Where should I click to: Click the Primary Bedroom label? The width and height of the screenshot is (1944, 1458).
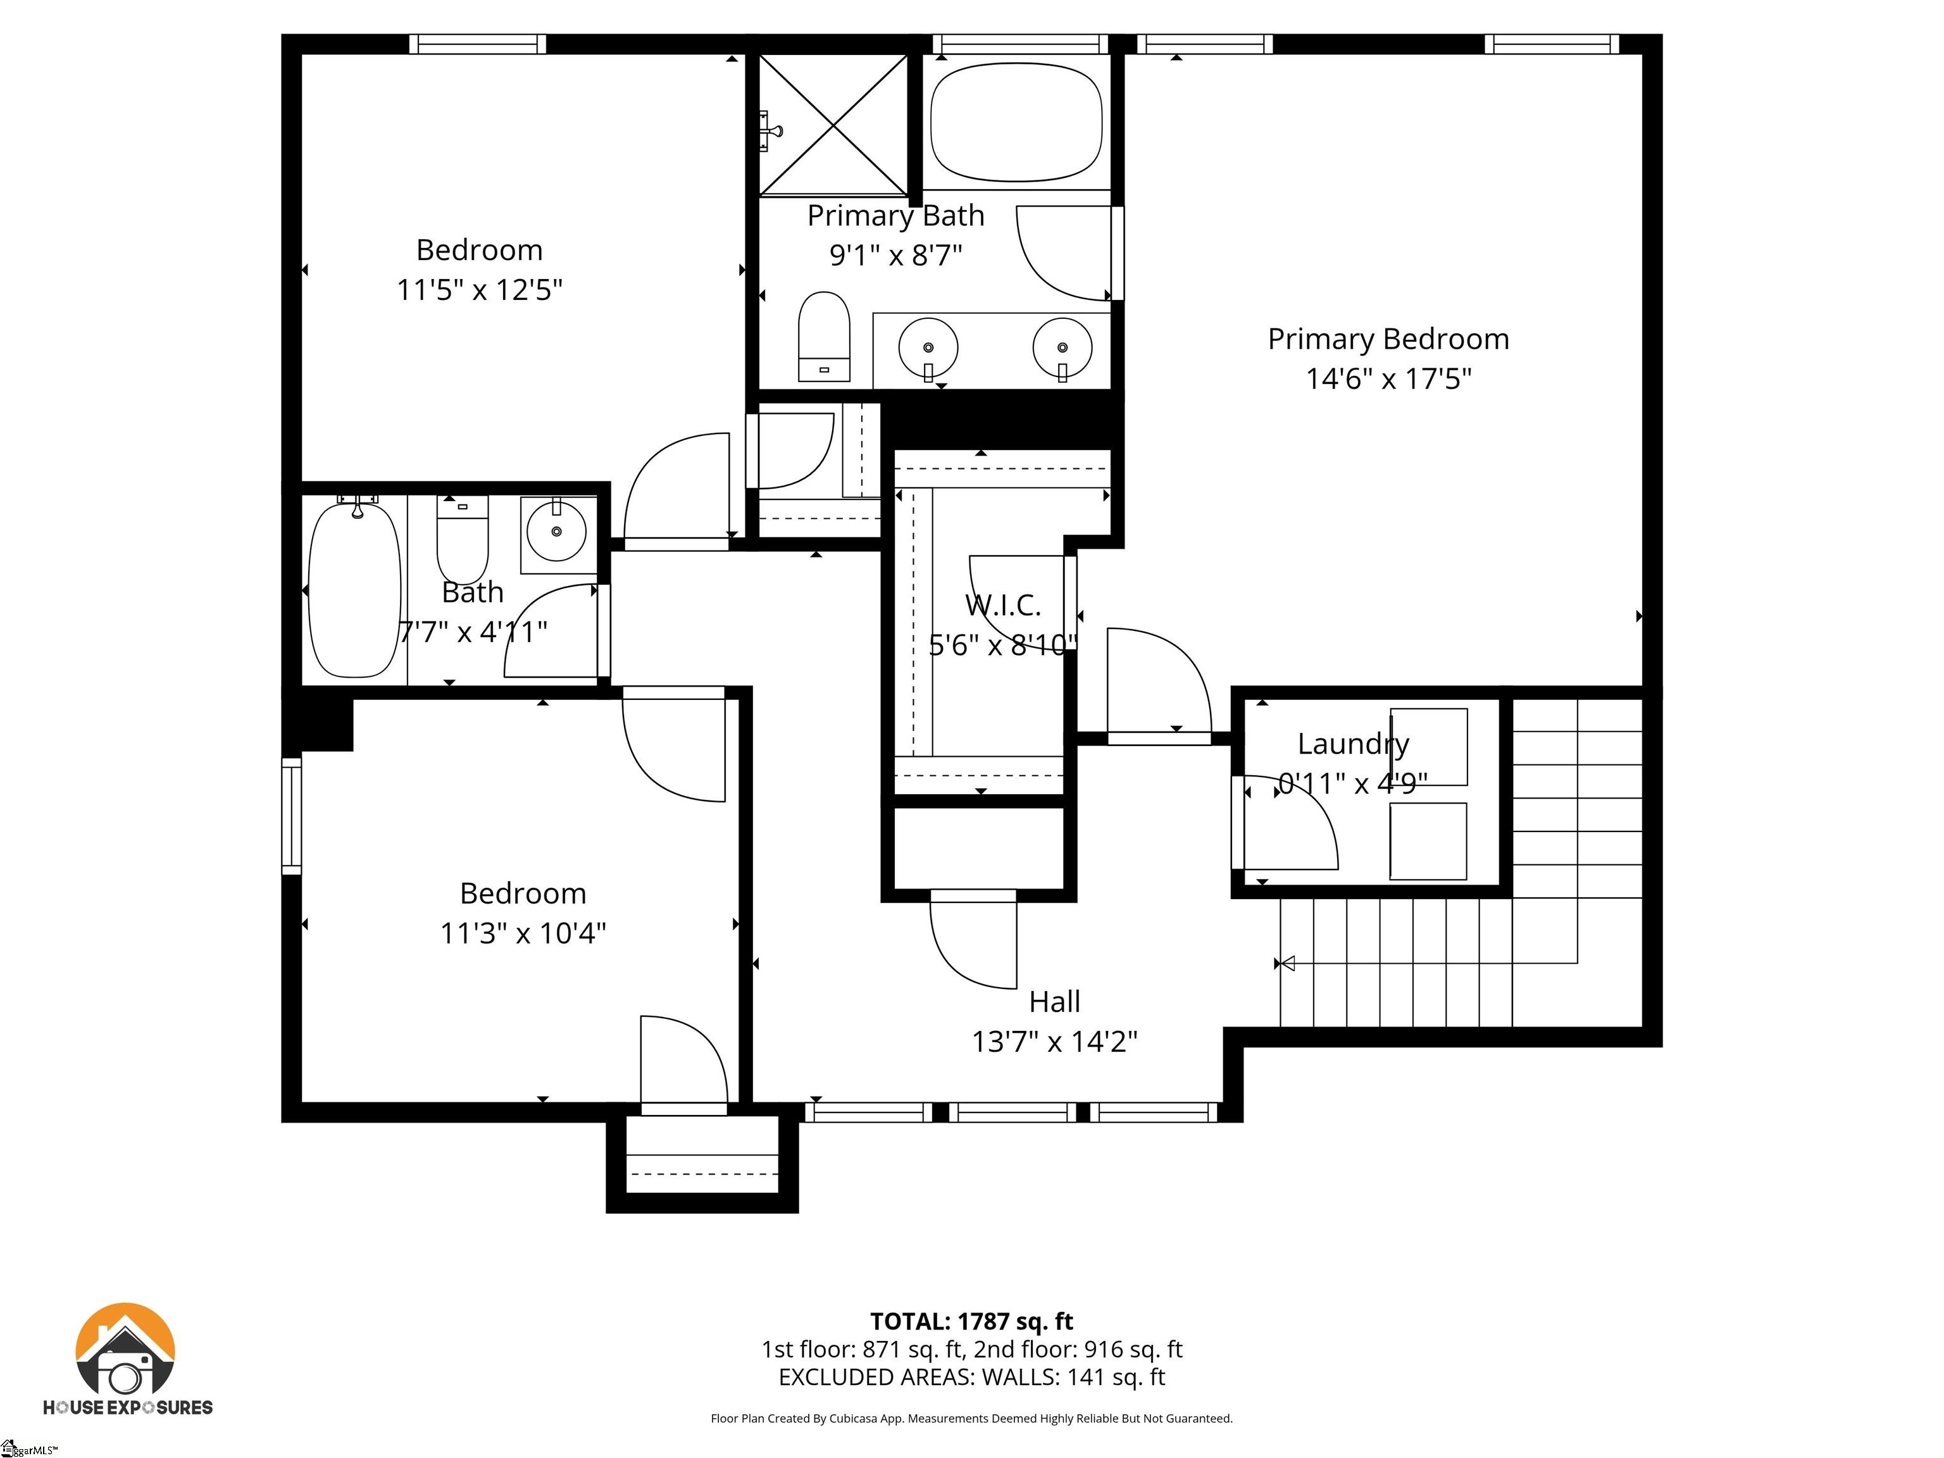coord(1388,339)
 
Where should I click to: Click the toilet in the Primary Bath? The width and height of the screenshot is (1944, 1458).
coord(823,337)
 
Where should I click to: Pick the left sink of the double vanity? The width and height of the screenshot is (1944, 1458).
coord(928,348)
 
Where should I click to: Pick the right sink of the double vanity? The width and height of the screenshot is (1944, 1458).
coord(1062,348)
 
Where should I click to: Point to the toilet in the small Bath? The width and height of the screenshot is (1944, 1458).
coord(463,538)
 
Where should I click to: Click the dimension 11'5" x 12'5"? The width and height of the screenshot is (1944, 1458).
coord(479,289)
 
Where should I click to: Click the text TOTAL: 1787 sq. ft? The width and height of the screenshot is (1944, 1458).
coord(971,1321)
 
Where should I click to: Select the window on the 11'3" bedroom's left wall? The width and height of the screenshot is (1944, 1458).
coord(291,816)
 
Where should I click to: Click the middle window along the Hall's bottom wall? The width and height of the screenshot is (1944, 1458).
coord(1016,1112)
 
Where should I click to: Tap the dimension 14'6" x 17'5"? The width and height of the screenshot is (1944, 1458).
coord(1388,379)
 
